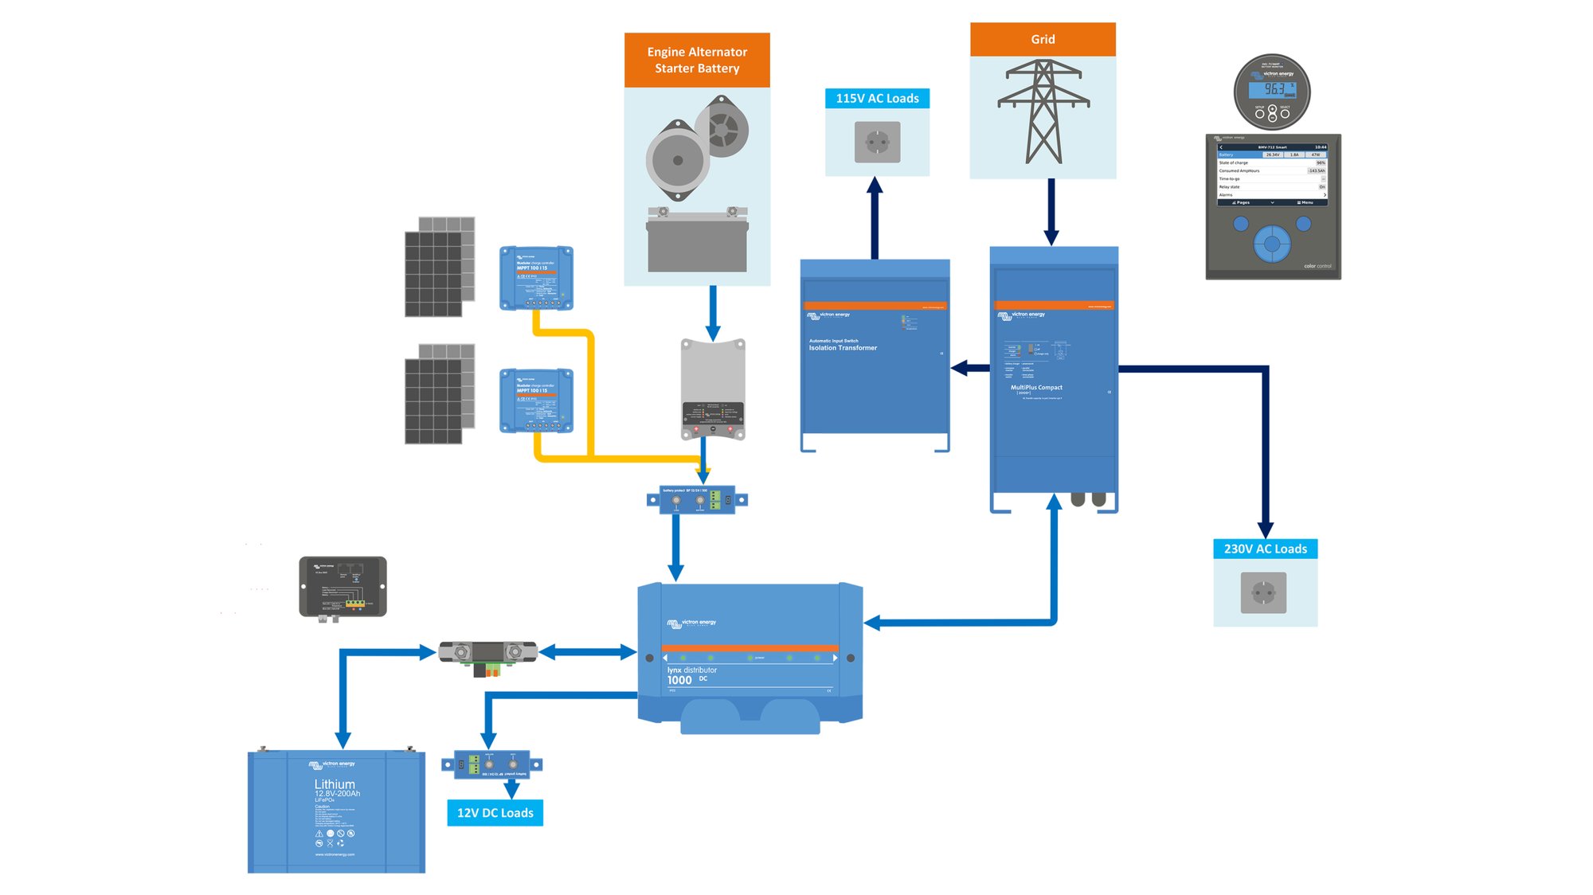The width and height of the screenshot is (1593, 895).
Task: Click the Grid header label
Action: (x=1042, y=39)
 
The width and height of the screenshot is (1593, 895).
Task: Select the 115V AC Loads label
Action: (x=877, y=98)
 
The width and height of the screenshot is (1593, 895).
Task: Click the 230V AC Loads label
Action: (x=1265, y=549)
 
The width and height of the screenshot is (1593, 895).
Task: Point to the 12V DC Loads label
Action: (x=495, y=812)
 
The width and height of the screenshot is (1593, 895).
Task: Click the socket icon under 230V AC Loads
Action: (x=1263, y=593)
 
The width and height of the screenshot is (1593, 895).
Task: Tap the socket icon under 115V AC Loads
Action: (x=877, y=143)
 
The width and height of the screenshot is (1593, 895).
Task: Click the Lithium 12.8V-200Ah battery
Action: (x=335, y=812)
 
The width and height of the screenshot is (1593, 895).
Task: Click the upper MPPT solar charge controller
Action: (x=536, y=278)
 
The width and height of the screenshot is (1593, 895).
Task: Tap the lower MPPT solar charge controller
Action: (x=536, y=401)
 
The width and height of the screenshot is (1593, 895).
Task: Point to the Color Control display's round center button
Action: (x=1271, y=244)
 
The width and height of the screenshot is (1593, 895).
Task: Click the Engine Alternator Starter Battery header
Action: (x=697, y=60)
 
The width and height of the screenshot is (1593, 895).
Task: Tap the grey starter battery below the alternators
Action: (x=697, y=244)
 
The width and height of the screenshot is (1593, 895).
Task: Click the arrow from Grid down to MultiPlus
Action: (x=1051, y=211)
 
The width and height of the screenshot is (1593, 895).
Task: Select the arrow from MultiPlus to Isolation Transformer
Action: (x=970, y=368)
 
